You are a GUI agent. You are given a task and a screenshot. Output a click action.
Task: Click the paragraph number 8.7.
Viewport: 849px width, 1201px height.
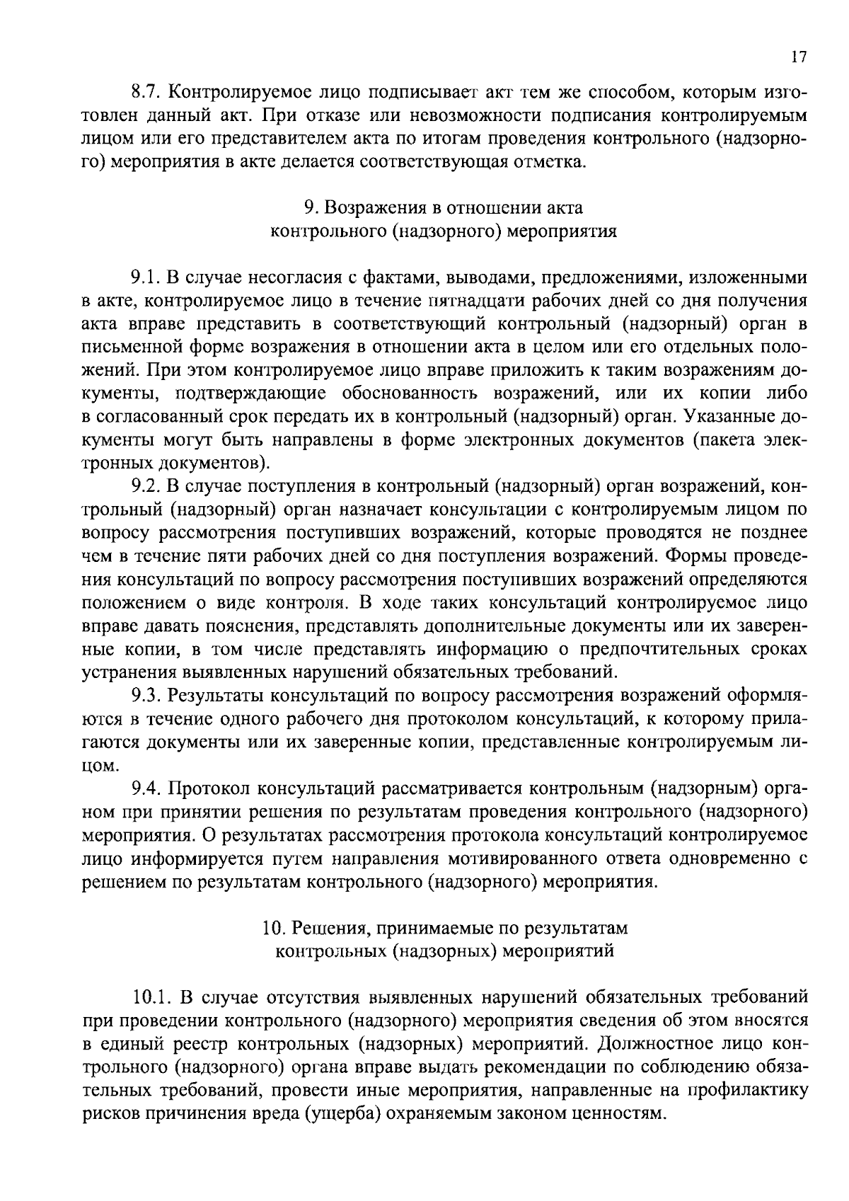pyautogui.click(x=146, y=93)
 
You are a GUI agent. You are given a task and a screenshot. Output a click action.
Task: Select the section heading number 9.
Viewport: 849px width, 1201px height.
pyautogui.click(x=309, y=208)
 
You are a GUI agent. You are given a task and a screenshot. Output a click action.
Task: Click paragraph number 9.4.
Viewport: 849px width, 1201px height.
pyautogui.click(x=146, y=788)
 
